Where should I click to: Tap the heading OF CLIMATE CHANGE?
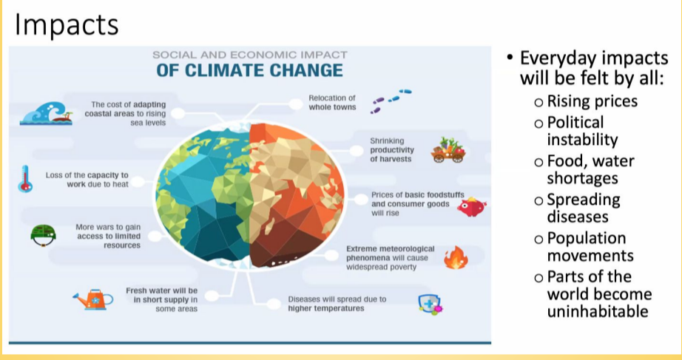[x=250, y=70]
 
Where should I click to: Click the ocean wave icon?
[x=46, y=113]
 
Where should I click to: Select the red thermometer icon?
[x=25, y=179]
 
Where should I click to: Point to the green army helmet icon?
[x=43, y=235]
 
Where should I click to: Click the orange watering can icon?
[x=93, y=299]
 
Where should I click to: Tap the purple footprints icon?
[x=391, y=101]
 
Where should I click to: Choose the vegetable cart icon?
[x=448, y=150]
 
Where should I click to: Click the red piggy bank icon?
[x=471, y=206]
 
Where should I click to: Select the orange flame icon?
[x=456, y=257]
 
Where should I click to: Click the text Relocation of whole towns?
[x=332, y=103]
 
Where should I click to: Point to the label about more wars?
[x=108, y=236]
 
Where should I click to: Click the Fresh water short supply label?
[x=162, y=299]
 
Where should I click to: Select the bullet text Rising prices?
[x=592, y=101]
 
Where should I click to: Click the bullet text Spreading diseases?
[x=584, y=208]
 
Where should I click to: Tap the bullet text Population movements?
[x=590, y=246]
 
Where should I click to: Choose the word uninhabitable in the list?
[x=598, y=311]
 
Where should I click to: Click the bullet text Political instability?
[x=582, y=131]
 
